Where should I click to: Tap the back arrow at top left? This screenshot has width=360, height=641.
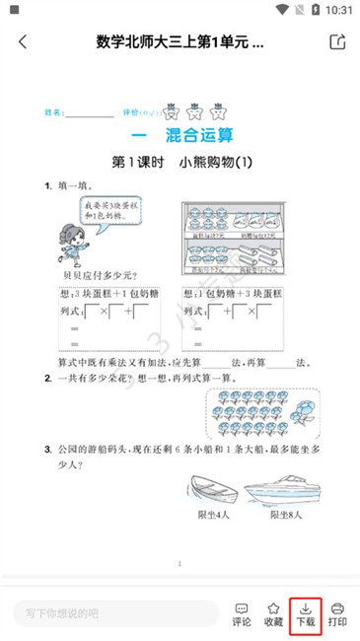pos(23,42)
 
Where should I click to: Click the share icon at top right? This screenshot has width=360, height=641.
pos(337,42)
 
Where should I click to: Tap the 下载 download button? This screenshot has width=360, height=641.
pos(305,613)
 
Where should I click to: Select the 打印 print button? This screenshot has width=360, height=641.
pos(337,613)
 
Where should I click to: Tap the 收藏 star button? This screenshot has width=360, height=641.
pos(273,613)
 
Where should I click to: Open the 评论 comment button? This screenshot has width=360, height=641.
pos(241,613)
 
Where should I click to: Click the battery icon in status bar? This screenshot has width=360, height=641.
pos(315,9)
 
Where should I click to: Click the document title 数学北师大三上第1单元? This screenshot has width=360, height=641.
pos(180,42)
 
